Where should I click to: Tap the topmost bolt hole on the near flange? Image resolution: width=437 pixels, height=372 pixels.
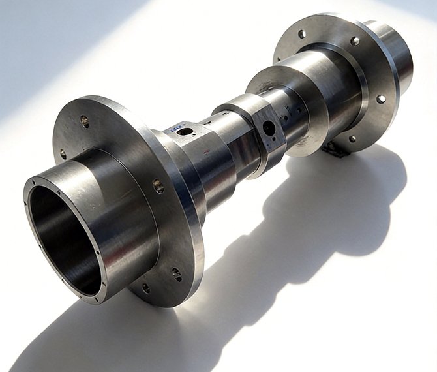click(84, 120)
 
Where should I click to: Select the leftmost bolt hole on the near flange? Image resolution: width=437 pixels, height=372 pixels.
click(63, 155)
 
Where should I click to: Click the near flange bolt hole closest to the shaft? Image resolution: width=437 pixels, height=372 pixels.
click(159, 186)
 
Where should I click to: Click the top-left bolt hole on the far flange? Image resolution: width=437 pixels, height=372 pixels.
click(301, 35)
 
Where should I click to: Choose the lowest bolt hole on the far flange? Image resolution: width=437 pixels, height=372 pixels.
click(352, 138)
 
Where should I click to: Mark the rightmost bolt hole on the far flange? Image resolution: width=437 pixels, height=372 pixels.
click(381, 100)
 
